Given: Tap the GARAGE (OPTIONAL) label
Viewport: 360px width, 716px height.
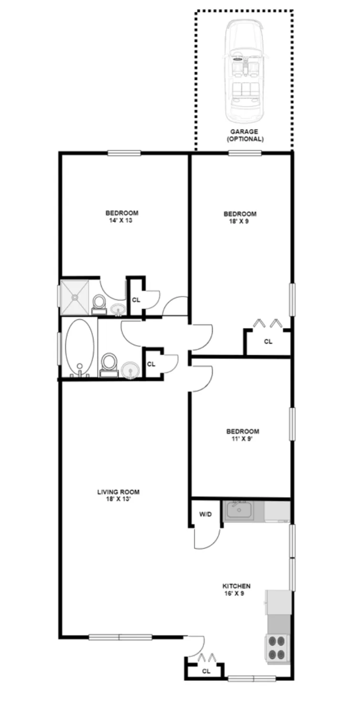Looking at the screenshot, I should point(244,135).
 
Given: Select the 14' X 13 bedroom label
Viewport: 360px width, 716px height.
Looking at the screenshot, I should point(122,217).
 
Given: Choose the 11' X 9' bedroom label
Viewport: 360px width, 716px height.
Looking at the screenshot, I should point(243,435).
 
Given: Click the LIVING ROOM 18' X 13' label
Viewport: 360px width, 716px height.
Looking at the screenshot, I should point(118,496).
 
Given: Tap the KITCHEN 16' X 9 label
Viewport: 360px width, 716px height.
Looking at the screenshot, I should point(237,590).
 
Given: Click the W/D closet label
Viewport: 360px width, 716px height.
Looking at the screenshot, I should point(206,514).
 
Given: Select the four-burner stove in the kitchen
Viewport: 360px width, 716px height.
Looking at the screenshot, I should point(278,648).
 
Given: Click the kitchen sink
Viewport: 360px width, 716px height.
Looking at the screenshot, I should point(239,511).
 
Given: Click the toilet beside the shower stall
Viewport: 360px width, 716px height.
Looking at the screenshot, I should point(99,304).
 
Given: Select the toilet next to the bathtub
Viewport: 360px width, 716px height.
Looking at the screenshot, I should point(109,365).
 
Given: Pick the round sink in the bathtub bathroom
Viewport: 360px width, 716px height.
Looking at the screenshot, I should point(130,370).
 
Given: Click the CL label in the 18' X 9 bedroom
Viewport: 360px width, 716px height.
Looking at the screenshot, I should point(268,342).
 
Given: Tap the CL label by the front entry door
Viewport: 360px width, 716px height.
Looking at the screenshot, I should point(206,671).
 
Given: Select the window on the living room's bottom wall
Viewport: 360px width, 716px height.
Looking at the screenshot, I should point(120,637).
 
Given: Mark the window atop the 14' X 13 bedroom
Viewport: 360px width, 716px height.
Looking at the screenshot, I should point(124,153).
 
